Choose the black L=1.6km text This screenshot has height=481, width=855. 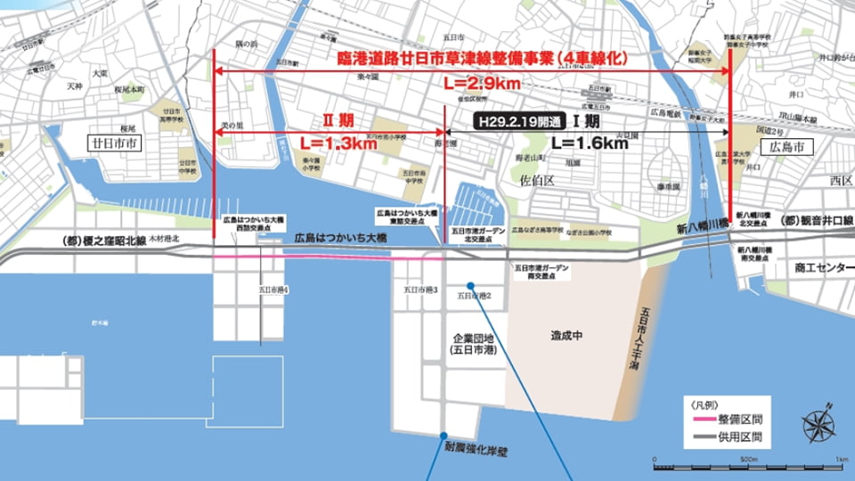click(x=590, y=143)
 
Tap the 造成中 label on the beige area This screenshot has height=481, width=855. click(x=566, y=337)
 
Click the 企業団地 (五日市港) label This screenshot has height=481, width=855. click(x=472, y=346)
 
